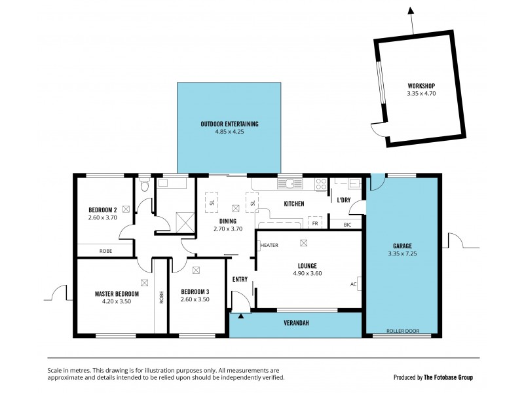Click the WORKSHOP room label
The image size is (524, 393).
[421, 86]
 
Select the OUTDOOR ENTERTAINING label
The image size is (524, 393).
[229, 124]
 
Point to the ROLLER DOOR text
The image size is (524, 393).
[402, 331]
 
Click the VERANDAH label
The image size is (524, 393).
[295, 324]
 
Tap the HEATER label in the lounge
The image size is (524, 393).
[269, 245]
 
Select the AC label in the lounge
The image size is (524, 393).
[353, 284]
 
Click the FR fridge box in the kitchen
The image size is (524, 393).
[315, 223]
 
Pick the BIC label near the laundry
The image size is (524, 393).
[346, 225]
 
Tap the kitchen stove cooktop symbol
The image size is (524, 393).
[321, 185]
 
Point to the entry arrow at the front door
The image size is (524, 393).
[241, 316]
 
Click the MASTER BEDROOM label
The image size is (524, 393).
[117, 293]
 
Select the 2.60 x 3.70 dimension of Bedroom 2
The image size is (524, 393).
[102, 218]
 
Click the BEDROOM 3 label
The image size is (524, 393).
[195, 291]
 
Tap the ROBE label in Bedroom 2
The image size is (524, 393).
[105, 251]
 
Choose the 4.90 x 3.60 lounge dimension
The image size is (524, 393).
[307, 274]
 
